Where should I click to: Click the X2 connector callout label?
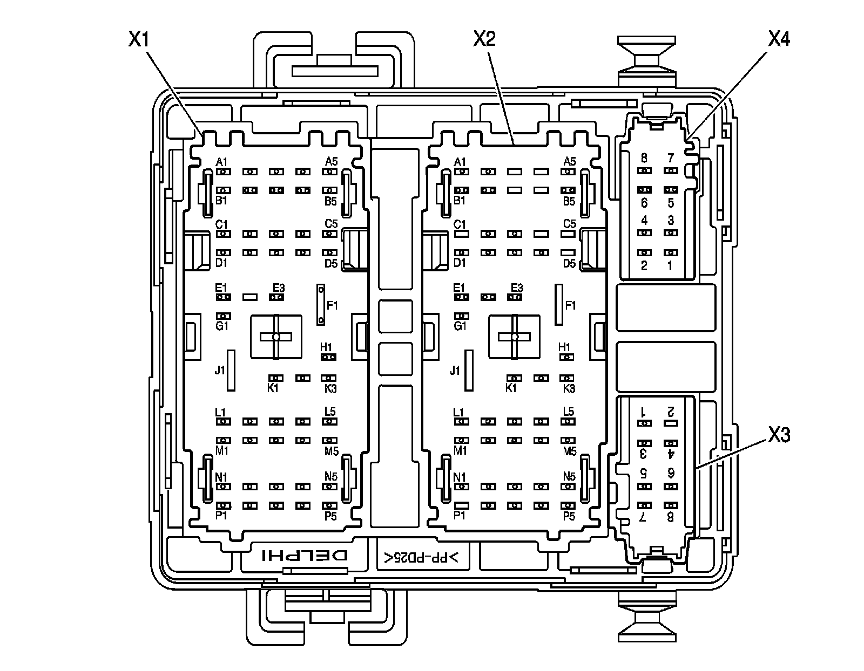(484, 39)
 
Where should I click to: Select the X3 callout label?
(778, 435)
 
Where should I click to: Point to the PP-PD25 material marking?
(421, 558)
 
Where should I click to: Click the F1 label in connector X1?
(332, 305)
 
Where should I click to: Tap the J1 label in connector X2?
(455, 371)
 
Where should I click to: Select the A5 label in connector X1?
(331, 161)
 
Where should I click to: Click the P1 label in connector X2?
(459, 516)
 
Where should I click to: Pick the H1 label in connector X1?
(326, 347)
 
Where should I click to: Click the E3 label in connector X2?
(517, 287)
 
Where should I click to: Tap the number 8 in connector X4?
(644, 158)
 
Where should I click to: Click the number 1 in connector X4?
(670, 265)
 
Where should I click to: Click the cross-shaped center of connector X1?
(276, 337)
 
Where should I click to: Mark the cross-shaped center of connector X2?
(515, 337)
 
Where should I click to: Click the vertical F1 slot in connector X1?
(320, 305)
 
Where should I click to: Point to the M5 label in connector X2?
(570, 451)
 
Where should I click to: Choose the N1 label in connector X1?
(221, 477)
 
